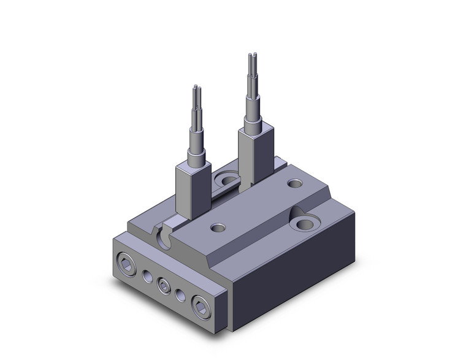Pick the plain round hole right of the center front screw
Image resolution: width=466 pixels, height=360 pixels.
pos(180,296)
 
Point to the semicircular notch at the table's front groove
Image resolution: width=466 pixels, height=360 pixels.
pos(164,236)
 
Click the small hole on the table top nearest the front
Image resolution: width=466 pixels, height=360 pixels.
pos(218,228)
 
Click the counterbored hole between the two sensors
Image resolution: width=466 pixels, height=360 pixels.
pos(227,180)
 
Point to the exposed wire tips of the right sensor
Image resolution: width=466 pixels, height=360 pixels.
pos(253,59)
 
